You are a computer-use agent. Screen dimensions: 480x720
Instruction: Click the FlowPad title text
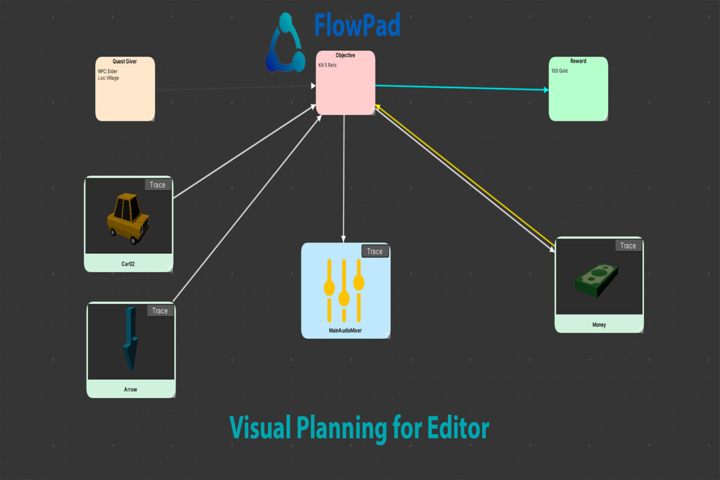(357, 26)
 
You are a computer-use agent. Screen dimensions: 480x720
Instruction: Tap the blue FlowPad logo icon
(285, 44)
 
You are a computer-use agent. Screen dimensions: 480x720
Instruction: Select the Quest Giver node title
(125, 61)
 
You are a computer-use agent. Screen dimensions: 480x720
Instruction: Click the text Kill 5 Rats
(327, 65)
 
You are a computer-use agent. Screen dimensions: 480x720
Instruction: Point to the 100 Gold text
(559, 71)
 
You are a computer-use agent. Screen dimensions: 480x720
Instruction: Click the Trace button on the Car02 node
(157, 185)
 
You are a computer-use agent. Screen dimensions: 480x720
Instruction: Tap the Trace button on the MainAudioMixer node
(375, 252)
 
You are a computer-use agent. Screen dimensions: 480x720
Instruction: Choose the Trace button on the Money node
(628, 245)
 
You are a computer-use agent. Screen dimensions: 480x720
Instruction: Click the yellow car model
(128, 218)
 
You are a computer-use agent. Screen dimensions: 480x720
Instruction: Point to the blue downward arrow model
(130, 338)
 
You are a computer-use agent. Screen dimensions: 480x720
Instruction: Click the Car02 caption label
(128, 263)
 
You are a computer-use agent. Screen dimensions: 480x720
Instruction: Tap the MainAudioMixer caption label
(345, 331)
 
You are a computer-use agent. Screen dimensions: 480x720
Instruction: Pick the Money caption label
(599, 325)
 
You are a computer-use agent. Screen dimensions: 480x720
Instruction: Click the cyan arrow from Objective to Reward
(461, 87)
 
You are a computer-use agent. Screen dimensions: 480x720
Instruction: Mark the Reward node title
(578, 61)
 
